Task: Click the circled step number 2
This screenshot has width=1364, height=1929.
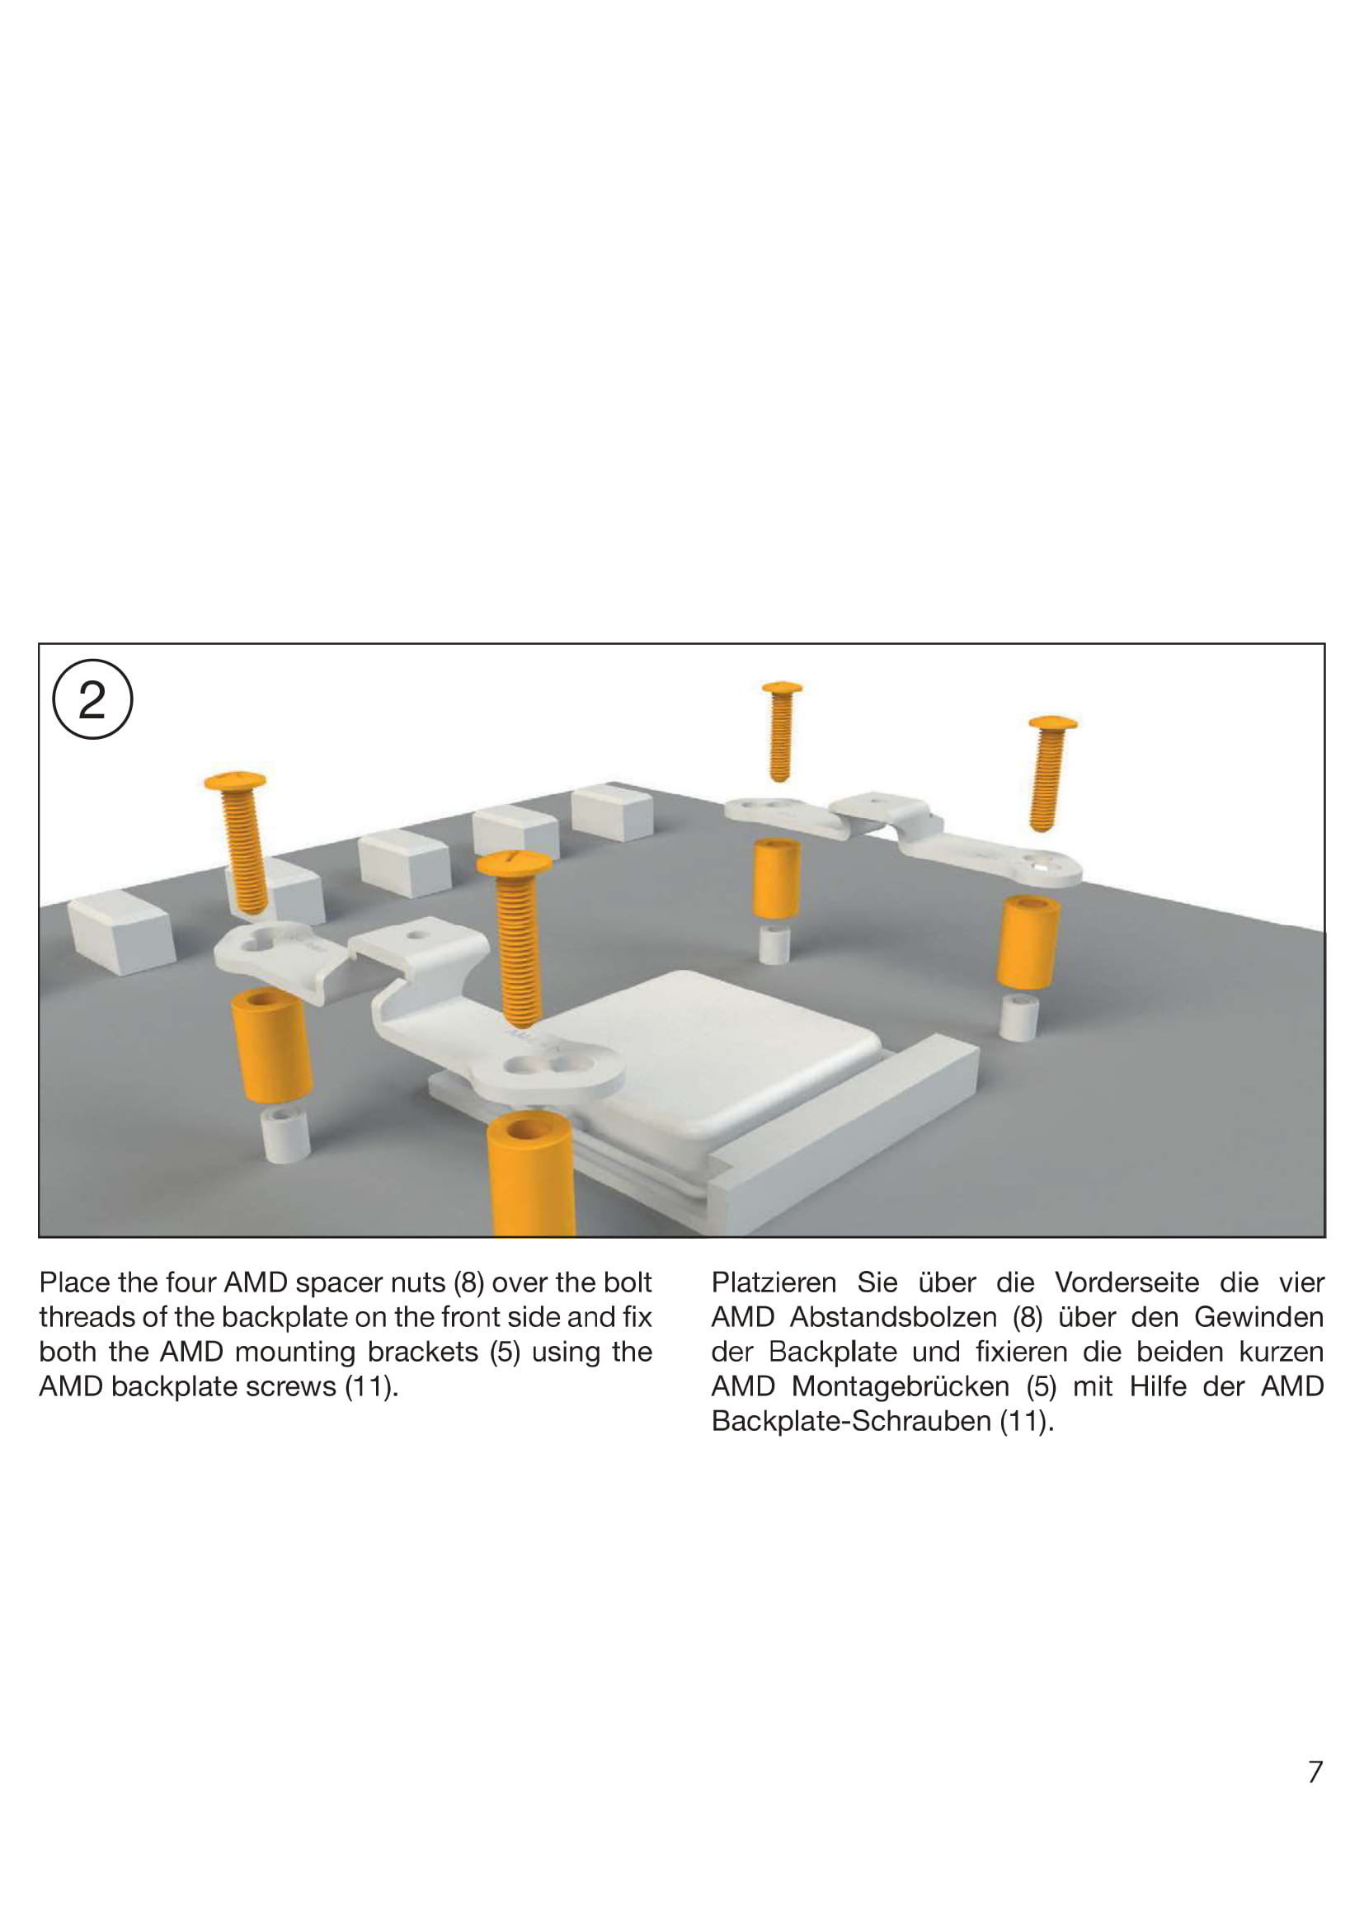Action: click(x=92, y=699)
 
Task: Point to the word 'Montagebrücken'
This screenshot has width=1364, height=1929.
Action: click(x=901, y=1386)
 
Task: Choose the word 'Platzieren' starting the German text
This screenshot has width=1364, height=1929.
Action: click(x=774, y=1283)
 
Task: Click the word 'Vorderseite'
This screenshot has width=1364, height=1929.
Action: click(x=1127, y=1283)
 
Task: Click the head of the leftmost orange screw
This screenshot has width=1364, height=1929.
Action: click(x=236, y=780)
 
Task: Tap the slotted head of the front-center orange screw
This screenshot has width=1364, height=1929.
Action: click(x=514, y=861)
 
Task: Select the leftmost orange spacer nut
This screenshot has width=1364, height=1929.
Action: click(x=270, y=1044)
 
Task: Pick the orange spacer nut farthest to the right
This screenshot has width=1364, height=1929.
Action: click(x=1028, y=941)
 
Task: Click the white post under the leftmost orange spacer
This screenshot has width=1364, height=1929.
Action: click(x=285, y=1133)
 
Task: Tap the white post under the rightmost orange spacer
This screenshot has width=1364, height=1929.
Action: click(x=1019, y=1018)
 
